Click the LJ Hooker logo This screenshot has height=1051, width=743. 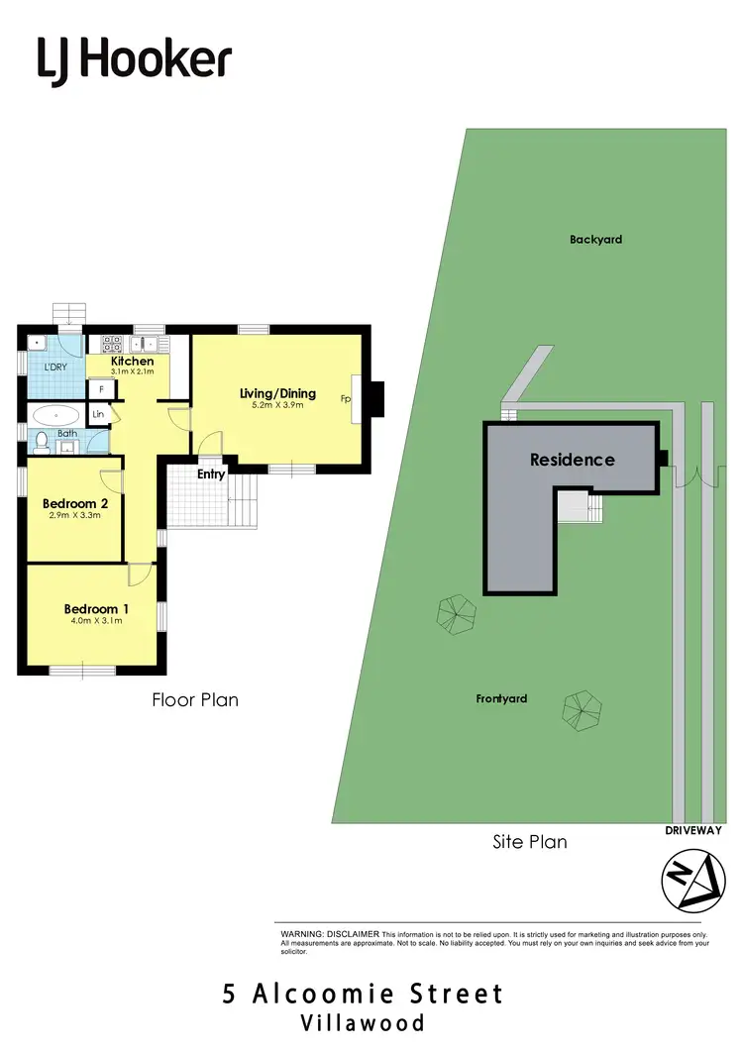[x=135, y=59]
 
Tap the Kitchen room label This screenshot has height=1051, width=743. [x=132, y=362]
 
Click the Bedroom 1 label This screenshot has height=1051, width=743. [x=97, y=609]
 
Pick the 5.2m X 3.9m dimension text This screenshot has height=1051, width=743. [x=277, y=405]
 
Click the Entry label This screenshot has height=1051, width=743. [x=211, y=474]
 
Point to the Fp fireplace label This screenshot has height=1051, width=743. [x=347, y=399]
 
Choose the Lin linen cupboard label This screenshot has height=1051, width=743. [x=98, y=414]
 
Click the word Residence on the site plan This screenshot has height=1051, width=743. [x=572, y=460]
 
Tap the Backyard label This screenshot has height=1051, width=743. [x=595, y=239]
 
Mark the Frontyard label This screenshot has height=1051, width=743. [x=501, y=698]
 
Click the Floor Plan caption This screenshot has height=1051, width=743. [x=194, y=699]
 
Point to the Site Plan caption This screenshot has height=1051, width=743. [x=530, y=842]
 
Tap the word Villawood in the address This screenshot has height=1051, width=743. [x=364, y=1023]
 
